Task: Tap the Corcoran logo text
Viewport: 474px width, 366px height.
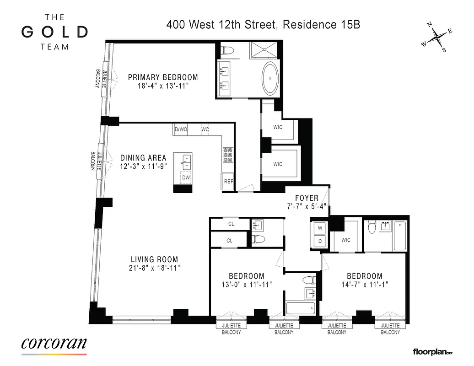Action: [x=54, y=344]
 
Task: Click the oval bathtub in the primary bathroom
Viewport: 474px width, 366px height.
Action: [x=270, y=78]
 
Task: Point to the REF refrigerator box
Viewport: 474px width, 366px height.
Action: [x=228, y=182]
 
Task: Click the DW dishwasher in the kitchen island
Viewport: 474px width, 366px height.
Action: [x=186, y=177]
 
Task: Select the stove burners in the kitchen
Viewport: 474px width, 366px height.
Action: [x=228, y=156]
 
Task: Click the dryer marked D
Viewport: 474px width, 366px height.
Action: [x=319, y=241]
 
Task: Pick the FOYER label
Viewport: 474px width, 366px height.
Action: [x=307, y=198]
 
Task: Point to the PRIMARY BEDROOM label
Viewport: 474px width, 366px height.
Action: [x=162, y=77]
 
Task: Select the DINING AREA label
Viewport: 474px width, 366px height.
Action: [x=143, y=158]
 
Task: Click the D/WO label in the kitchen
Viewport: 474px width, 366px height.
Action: [x=181, y=129]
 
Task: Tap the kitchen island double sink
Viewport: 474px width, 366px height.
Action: [x=186, y=160]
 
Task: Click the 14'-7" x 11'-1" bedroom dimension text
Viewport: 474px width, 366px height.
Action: [x=364, y=284]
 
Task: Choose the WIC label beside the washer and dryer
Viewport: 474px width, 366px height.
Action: [x=345, y=240]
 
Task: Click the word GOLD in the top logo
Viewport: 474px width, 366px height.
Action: [x=54, y=32]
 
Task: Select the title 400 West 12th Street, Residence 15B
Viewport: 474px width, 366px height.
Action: [x=263, y=24]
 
